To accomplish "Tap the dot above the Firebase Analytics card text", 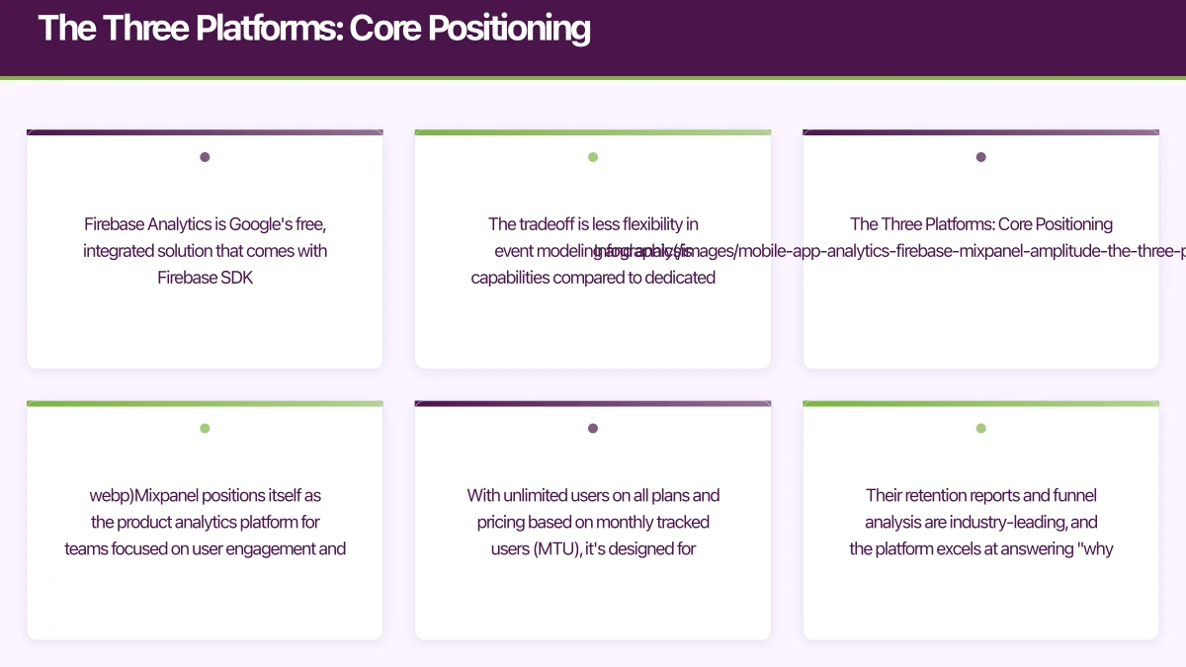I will point(205,157).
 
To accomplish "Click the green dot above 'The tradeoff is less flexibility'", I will point(593,157).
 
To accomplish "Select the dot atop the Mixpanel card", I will point(205,429).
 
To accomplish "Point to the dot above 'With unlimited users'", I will point(593,429).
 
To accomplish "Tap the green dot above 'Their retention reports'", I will point(980,429).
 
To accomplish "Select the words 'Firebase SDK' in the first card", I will point(205,278).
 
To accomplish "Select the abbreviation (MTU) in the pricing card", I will point(556,548).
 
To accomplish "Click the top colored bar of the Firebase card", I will point(205,132).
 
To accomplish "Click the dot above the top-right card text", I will point(980,157).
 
